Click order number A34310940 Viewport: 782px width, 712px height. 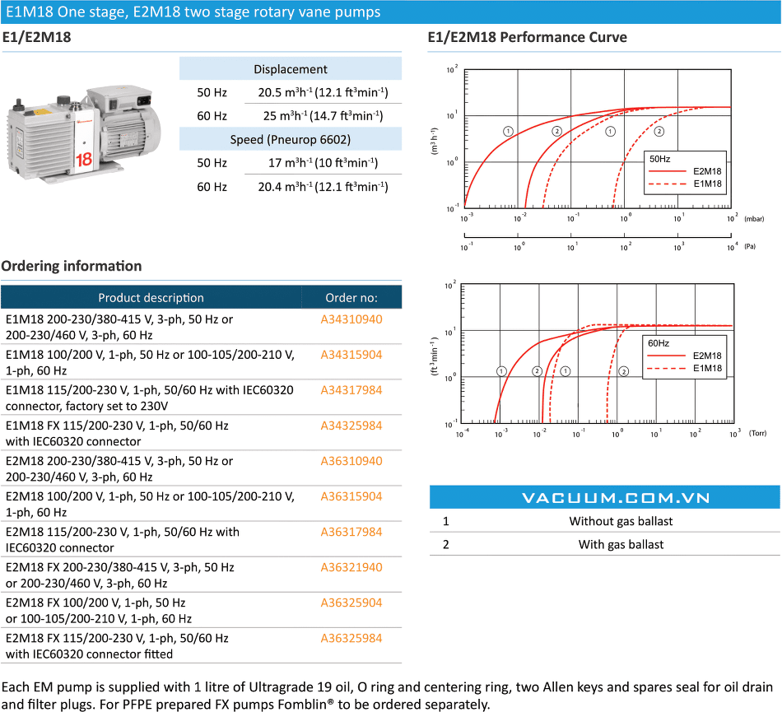pos(351,319)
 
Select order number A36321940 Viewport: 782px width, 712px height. pos(351,567)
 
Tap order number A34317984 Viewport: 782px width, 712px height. pos(351,390)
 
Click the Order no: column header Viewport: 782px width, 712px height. pos(351,298)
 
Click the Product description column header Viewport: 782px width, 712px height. pos(151,298)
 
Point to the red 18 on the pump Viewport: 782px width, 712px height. pos(84,160)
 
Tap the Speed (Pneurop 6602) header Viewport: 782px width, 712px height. pos(291,139)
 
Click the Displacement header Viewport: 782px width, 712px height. pos(291,69)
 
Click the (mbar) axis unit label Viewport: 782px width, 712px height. pos(754,219)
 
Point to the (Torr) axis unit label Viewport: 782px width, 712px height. pos(757,433)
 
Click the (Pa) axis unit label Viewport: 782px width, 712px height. pos(750,246)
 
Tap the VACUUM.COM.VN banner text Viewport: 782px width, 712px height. pos(616,498)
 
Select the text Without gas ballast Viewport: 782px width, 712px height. pos(621,521)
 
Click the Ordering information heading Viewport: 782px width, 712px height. pos(72,266)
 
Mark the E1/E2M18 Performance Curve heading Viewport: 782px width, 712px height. pos(527,37)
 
